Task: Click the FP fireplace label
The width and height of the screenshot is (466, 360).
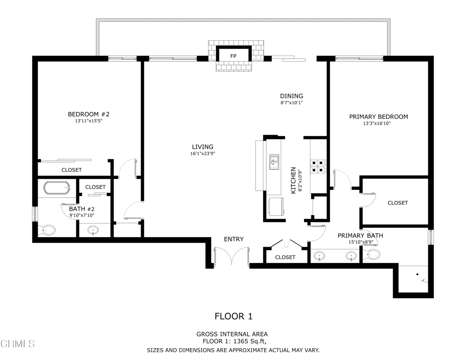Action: (x=233, y=56)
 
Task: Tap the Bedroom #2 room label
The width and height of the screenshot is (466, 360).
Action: (x=89, y=114)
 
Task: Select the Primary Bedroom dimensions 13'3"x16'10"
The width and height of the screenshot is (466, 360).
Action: (x=376, y=123)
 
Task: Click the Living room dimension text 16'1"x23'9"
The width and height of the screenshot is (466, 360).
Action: (x=203, y=154)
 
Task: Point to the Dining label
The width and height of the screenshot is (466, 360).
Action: (x=292, y=96)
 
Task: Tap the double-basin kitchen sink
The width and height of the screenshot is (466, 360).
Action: (x=274, y=162)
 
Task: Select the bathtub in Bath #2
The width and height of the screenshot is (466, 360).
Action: (x=57, y=188)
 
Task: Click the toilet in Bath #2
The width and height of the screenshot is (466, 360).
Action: (x=47, y=230)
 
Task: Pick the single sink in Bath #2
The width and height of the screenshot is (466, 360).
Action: (x=93, y=230)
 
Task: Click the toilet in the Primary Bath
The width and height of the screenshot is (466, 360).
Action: (x=372, y=254)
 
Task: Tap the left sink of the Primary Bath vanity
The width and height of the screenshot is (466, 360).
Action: (x=319, y=256)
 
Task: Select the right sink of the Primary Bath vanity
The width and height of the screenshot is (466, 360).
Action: (x=351, y=256)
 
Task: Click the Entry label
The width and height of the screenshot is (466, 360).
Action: (x=233, y=239)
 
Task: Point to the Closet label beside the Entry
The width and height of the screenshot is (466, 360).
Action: (x=285, y=257)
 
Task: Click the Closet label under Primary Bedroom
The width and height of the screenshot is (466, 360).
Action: (x=398, y=203)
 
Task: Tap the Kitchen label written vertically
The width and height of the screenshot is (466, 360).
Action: (x=293, y=180)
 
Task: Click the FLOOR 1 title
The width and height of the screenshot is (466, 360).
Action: (x=233, y=316)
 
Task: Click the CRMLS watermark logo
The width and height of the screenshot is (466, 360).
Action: (x=18, y=344)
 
